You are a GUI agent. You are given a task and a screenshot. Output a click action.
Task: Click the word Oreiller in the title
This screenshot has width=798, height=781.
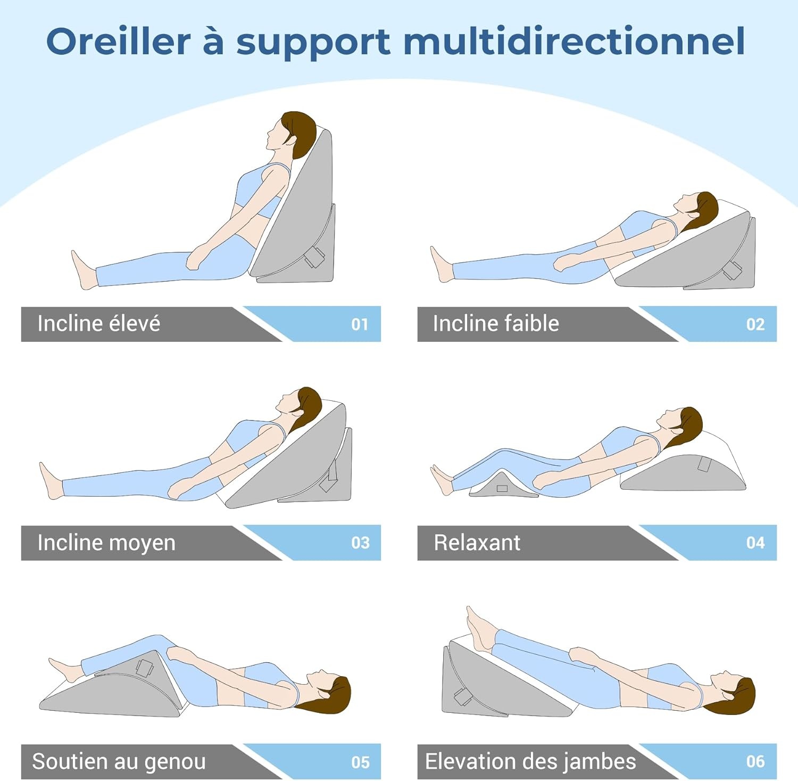click(x=118, y=42)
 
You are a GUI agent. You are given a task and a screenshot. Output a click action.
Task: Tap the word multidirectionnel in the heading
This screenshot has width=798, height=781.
click(x=573, y=42)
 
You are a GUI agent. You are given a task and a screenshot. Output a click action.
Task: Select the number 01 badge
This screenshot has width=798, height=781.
click(x=360, y=324)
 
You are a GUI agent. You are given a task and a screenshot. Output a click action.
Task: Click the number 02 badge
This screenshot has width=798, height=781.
click(x=755, y=324)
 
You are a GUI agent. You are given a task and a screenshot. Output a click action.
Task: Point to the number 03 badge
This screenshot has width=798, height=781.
click(x=360, y=542)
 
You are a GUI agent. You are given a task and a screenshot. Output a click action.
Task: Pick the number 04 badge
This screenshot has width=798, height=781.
click(x=755, y=542)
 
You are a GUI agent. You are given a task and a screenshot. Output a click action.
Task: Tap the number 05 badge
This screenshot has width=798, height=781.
click(x=360, y=762)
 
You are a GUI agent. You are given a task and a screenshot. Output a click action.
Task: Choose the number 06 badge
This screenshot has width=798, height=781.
click(x=755, y=761)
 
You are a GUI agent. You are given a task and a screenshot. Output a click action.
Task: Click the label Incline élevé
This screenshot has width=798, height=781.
click(x=98, y=324)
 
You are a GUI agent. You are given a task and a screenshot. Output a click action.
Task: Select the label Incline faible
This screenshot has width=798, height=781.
click(x=496, y=324)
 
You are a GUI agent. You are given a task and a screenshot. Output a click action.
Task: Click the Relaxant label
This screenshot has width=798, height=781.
click(x=477, y=543)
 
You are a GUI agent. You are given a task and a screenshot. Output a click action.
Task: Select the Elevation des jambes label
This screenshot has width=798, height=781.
click(x=530, y=762)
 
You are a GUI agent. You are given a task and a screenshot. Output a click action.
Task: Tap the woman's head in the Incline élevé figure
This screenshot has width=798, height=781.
click(x=292, y=131)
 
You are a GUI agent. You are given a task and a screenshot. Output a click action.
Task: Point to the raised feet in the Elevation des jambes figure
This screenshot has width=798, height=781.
click(x=479, y=628)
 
